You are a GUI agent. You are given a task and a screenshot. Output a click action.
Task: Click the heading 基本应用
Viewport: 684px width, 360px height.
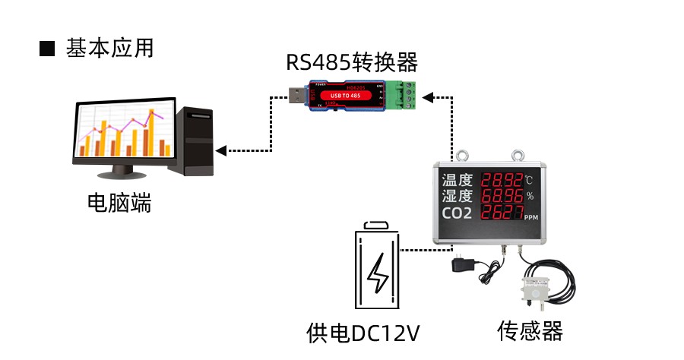pyautogui.click(x=110, y=49)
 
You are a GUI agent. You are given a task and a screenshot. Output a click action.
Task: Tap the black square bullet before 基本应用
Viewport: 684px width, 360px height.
pyautogui.click(x=48, y=49)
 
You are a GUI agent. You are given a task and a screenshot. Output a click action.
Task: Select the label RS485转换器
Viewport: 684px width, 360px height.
pyautogui.click(x=352, y=62)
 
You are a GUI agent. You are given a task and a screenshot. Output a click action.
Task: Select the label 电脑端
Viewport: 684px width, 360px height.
pyautogui.click(x=119, y=203)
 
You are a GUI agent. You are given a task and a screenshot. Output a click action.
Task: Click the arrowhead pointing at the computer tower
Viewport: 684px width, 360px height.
pyautogui.click(x=220, y=150)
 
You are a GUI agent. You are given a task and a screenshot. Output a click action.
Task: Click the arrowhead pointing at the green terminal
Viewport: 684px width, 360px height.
pyautogui.click(x=427, y=96)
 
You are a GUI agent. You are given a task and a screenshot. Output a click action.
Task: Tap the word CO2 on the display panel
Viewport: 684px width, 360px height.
pyautogui.click(x=458, y=213)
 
